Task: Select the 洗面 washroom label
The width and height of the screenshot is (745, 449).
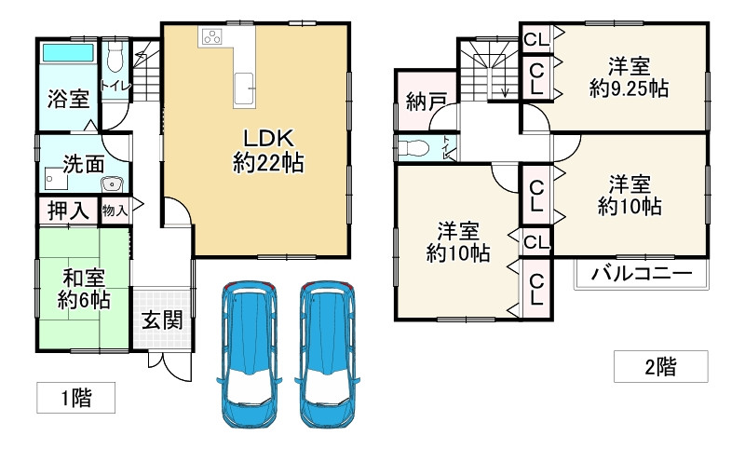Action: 82,164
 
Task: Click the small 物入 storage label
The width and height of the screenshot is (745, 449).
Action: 115,211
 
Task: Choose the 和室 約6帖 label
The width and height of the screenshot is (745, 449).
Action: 83,289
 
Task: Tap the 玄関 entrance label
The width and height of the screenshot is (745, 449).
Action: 161,320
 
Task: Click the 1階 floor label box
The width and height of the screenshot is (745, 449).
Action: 76,399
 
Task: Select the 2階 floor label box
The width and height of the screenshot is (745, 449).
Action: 659,366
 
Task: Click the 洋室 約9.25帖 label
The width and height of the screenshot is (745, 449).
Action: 630,78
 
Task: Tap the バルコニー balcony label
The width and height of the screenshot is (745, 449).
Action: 641,275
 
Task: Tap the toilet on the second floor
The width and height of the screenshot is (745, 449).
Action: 415,147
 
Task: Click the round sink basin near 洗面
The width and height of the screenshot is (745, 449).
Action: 113,183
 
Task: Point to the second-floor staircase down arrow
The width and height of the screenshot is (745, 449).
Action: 504,89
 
